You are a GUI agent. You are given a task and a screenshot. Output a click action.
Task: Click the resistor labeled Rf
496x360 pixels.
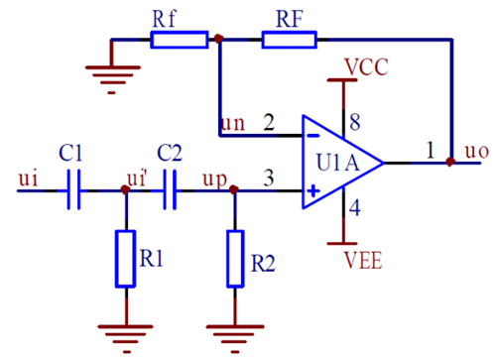click(180, 40)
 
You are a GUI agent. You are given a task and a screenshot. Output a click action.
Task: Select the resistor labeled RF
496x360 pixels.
click(290, 40)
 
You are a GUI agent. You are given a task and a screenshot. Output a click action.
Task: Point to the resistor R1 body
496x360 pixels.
click(125, 258)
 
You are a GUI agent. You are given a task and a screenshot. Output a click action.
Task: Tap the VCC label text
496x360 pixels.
click(366, 67)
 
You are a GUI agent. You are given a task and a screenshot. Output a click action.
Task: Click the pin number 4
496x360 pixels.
click(354, 208)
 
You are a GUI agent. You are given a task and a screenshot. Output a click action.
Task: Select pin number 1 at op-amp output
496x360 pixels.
click(430, 150)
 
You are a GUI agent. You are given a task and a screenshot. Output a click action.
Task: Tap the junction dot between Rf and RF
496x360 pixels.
click(219, 40)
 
